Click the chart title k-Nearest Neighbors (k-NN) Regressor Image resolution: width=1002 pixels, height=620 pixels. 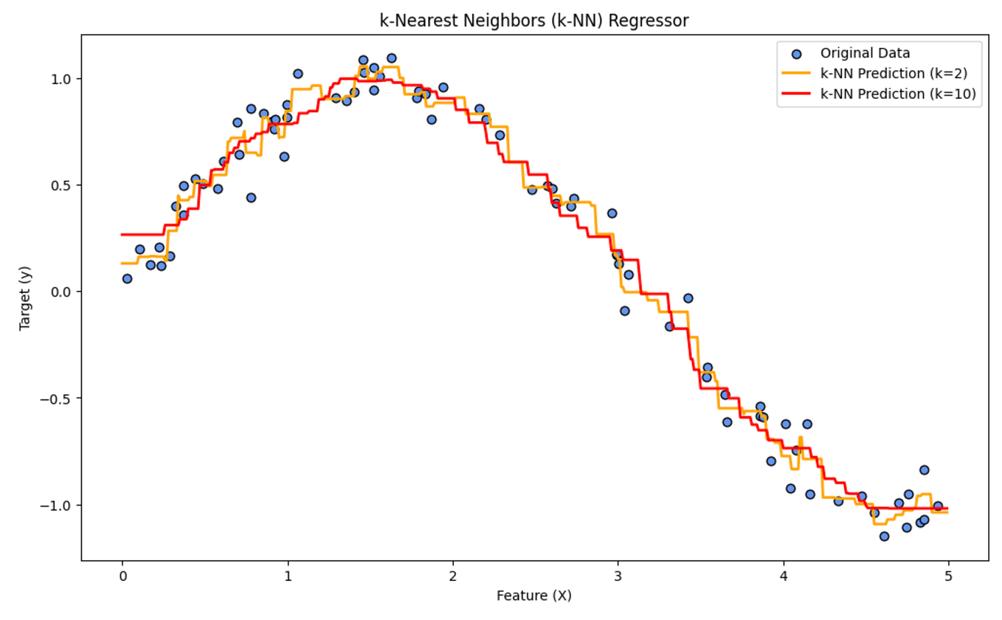533,21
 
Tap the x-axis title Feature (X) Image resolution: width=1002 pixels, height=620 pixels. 533,596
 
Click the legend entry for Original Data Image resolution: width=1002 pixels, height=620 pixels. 865,53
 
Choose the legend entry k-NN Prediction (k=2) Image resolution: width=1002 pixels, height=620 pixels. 883,74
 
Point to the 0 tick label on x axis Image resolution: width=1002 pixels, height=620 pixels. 122,576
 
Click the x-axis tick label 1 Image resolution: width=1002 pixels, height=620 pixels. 287,576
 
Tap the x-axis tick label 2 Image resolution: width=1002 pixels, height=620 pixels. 452,576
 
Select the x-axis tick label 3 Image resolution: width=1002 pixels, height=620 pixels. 618,576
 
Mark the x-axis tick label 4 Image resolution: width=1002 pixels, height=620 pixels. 783,576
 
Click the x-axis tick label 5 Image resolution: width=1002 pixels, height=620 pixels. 948,576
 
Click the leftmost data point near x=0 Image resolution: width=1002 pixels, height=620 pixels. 127,279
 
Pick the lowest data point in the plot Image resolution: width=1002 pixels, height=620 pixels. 884,537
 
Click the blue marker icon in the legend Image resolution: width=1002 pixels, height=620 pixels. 796,54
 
